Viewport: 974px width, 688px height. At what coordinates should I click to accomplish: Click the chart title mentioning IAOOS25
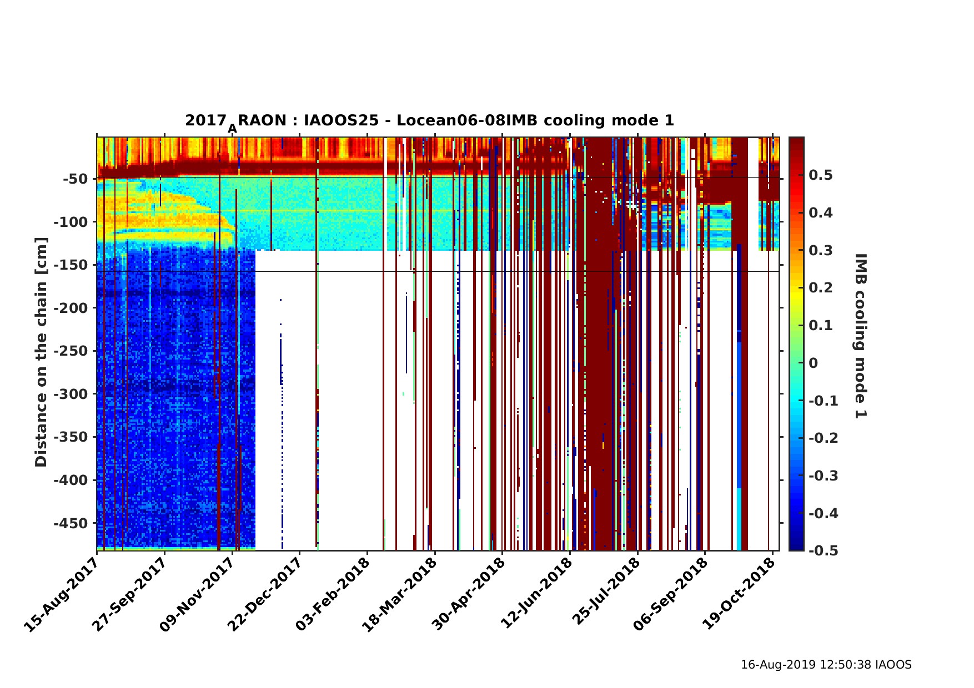click(x=429, y=121)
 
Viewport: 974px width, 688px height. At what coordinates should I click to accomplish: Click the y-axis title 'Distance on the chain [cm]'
click(x=42, y=352)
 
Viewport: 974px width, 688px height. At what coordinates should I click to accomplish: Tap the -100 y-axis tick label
click(x=68, y=222)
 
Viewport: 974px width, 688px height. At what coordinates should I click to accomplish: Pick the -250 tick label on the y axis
click(x=68, y=351)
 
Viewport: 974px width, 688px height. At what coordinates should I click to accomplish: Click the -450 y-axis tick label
click(x=68, y=523)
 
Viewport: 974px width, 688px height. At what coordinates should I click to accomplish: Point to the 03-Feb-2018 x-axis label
click(x=333, y=594)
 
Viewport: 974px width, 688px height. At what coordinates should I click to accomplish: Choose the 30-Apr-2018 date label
click(x=469, y=594)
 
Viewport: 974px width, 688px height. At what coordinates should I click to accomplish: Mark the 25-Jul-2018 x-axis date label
click(x=605, y=594)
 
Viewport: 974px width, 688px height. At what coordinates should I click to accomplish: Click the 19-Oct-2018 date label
click(x=740, y=594)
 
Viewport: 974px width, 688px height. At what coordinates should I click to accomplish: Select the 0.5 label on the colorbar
click(x=820, y=176)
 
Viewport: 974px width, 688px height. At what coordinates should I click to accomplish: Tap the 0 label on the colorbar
click(x=814, y=363)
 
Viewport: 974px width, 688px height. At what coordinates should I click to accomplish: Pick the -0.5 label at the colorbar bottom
click(x=823, y=550)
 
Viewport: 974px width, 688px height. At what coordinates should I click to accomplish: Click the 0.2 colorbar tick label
click(x=820, y=288)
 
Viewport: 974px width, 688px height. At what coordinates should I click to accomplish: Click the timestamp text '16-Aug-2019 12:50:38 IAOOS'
click(x=826, y=665)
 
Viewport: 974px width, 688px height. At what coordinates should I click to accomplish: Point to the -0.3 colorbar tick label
click(x=823, y=476)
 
